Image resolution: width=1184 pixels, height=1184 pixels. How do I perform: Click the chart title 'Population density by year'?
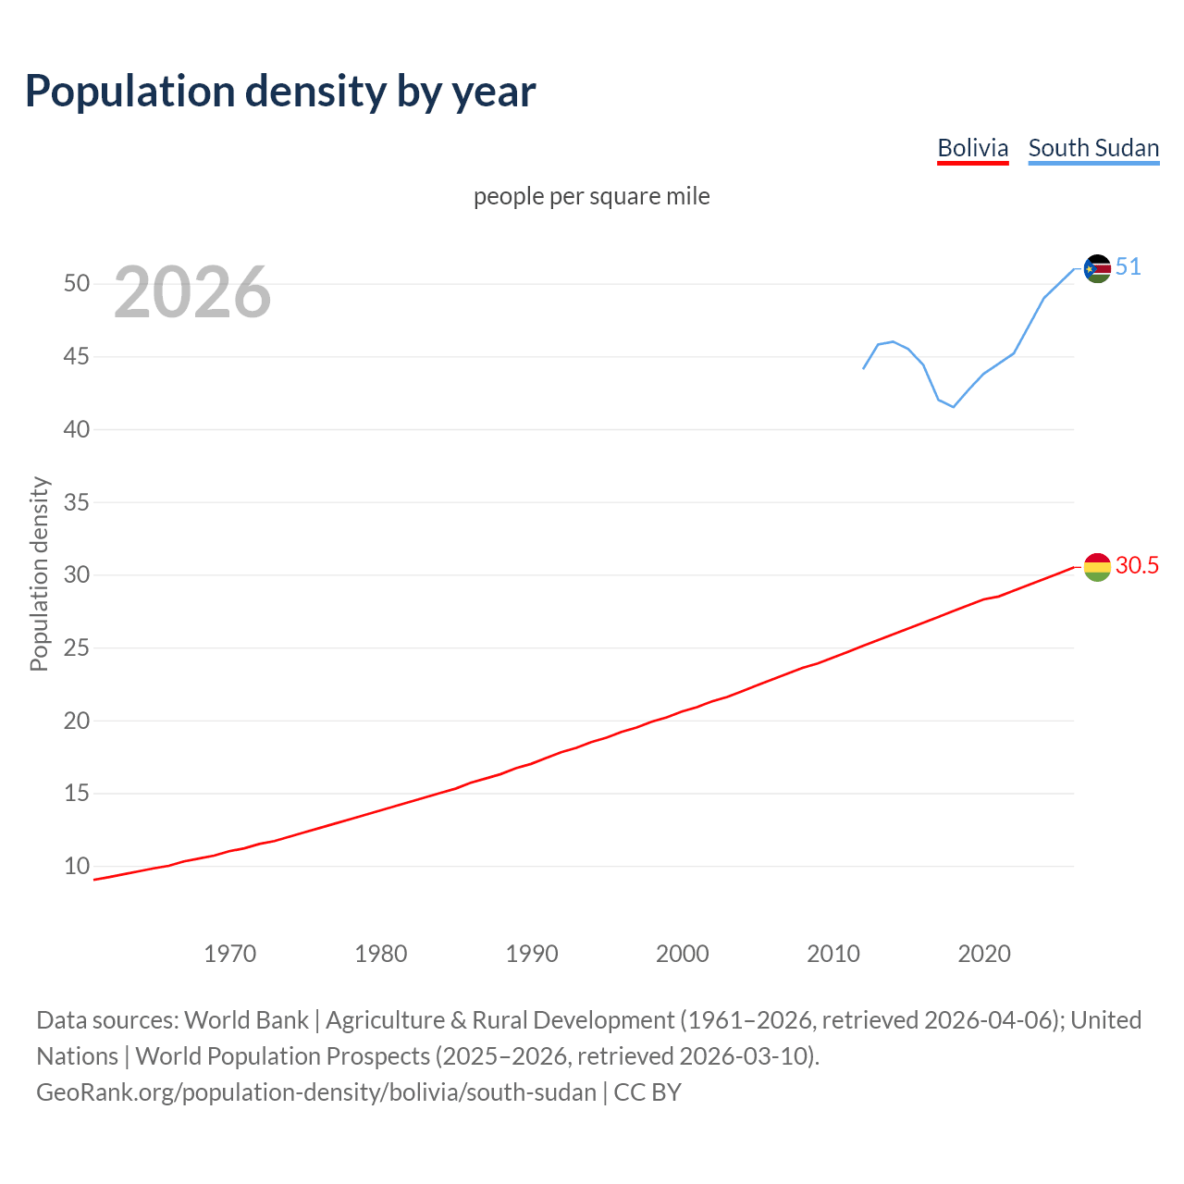pos(280,91)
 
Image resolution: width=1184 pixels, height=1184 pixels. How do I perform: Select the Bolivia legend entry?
pos(972,148)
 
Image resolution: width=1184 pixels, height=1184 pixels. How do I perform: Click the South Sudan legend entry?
pos(1093,148)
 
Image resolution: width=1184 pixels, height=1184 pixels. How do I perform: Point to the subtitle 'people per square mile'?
pos(591,196)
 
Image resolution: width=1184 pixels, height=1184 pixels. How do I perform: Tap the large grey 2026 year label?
pos(192,292)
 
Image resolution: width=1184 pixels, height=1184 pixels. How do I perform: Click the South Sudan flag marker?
pos(1097,269)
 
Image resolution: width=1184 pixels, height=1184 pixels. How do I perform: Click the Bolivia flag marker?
pos(1097,567)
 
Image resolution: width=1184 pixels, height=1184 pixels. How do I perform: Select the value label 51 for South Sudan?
pos(1128,267)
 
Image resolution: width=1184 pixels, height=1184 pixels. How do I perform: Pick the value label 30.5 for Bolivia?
pos(1137,565)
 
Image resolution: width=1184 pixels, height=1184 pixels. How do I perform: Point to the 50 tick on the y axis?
pos(77,284)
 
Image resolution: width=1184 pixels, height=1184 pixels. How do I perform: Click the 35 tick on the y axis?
pos(77,502)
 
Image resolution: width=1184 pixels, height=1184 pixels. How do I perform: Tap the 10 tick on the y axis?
pos(77,867)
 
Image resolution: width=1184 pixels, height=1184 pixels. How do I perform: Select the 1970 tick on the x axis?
pos(230,954)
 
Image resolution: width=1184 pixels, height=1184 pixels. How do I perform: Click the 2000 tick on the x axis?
pos(683,954)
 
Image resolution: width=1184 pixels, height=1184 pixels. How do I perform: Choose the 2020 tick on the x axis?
pos(984,954)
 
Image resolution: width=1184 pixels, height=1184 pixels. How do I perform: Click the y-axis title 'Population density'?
pos(39,573)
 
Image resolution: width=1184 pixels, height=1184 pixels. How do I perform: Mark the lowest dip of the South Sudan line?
pos(954,407)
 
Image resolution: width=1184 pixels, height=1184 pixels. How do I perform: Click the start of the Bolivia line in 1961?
pos(94,880)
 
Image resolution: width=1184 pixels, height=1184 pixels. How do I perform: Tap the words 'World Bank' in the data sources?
pos(246,1020)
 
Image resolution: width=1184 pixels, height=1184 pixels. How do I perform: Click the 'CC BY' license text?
pos(647,1092)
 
